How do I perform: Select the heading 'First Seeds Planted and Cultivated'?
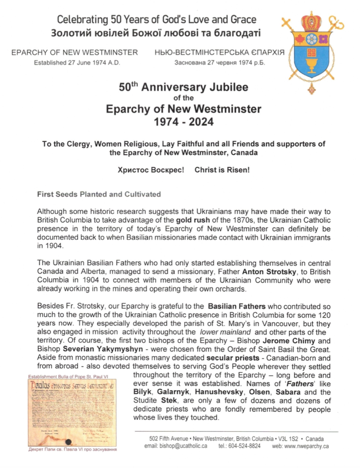point(98,194)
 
